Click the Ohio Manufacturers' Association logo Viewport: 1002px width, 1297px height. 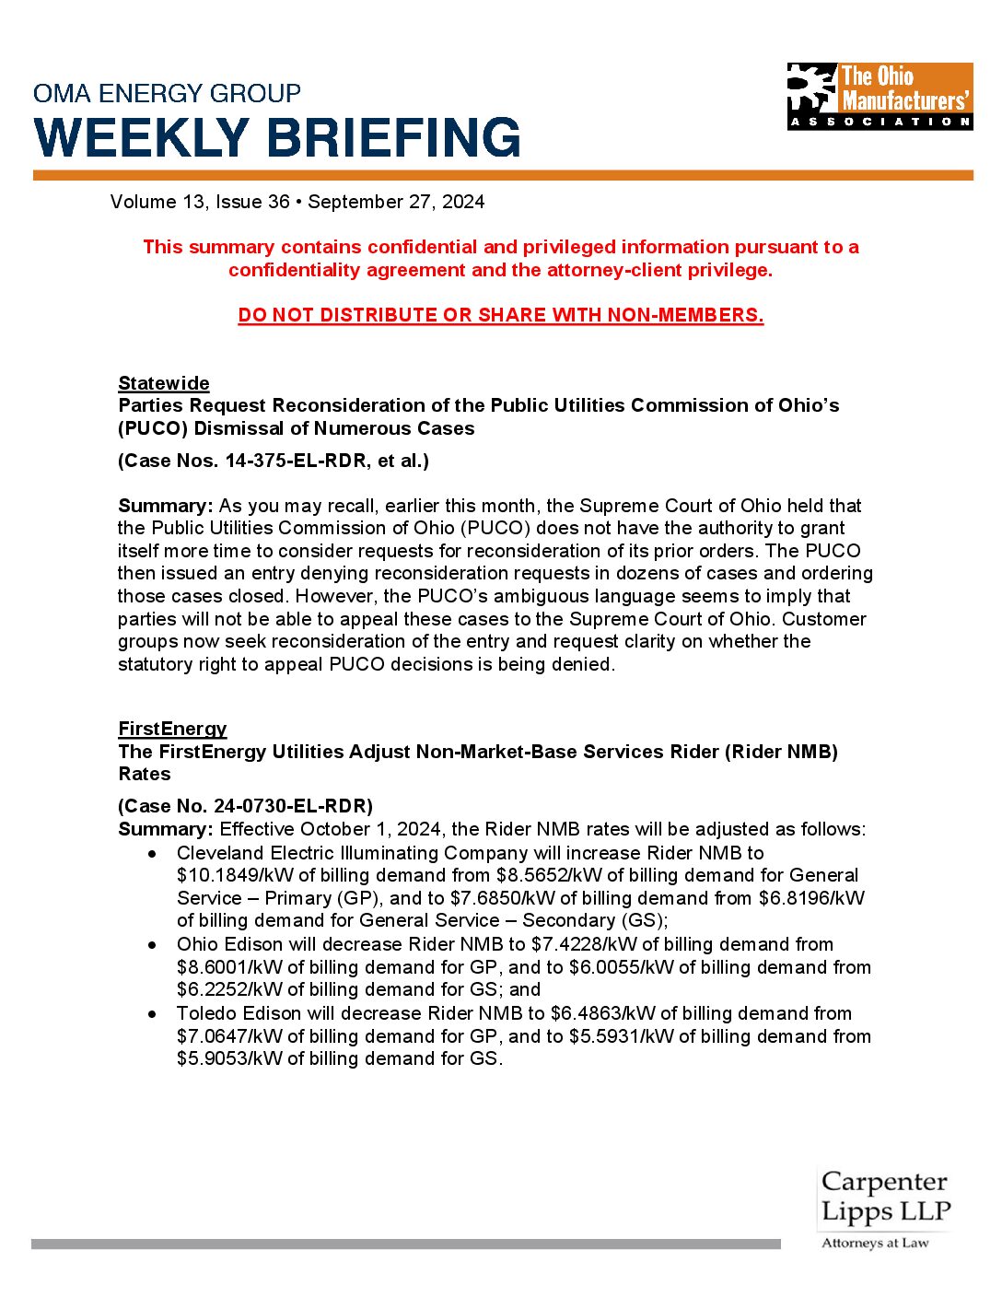click(880, 96)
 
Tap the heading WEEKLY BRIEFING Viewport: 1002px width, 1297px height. click(277, 137)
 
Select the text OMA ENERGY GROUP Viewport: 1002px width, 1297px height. click(167, 93)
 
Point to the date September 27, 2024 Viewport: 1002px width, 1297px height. click(396, 202)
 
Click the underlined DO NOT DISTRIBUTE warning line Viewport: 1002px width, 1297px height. click(500, 315)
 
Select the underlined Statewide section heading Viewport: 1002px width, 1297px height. click(164, 383)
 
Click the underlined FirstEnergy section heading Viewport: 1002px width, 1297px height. click(172, 729)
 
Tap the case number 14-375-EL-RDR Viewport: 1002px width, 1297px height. click(295, 461)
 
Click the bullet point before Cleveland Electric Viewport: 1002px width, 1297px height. click(152, 854)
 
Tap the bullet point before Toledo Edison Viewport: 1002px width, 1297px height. click(152, 1014)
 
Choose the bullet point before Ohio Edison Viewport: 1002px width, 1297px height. click(152, 945)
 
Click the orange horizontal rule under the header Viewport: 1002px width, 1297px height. click(503, 175)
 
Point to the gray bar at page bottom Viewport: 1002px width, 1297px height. click(405, 1244)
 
